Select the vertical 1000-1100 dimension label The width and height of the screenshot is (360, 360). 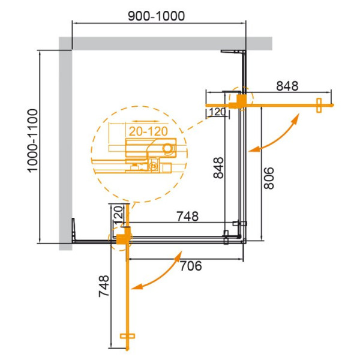32,142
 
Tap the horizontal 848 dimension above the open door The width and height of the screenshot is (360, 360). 287,86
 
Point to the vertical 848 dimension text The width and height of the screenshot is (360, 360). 218,168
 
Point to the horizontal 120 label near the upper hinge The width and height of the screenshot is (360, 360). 217,112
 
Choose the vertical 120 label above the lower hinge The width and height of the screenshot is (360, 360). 118,214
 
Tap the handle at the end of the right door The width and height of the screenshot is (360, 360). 319,104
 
